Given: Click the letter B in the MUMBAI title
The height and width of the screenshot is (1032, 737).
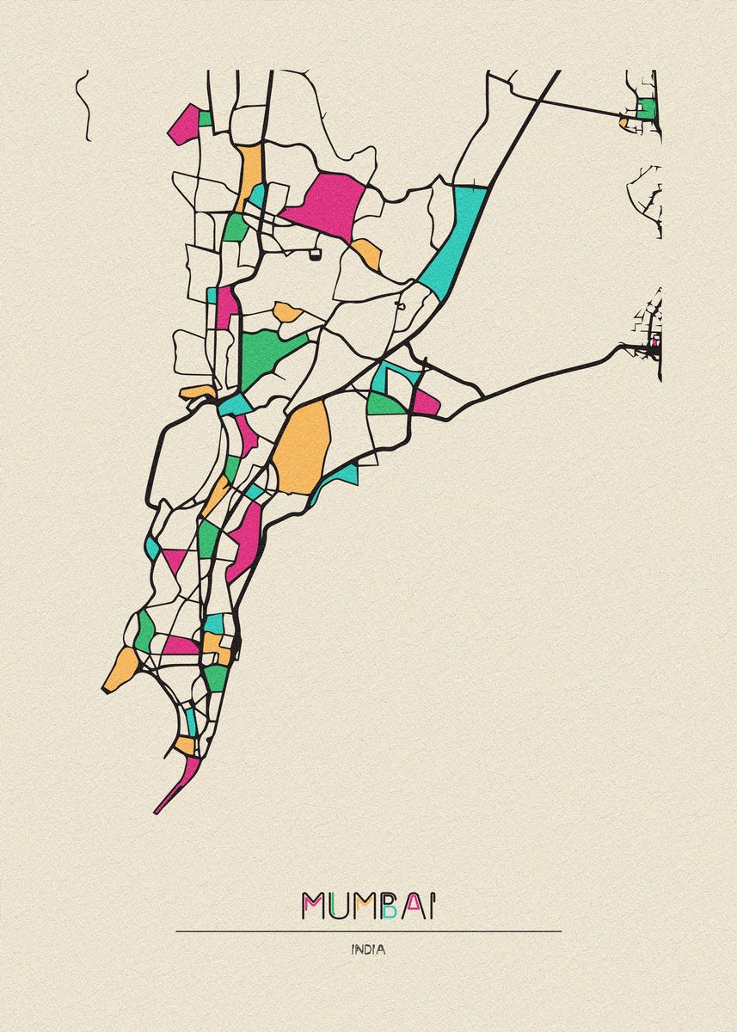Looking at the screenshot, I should [390, 906].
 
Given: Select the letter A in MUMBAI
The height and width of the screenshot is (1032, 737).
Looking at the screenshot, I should [414, 906].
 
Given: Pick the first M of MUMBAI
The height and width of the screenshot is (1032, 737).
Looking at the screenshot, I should [312, 906].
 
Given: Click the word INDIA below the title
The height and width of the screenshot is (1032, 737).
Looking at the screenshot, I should [368, 950].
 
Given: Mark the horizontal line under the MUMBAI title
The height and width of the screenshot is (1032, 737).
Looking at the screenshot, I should [368, 931].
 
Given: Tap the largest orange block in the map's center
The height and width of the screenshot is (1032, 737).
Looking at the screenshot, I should [303, 447].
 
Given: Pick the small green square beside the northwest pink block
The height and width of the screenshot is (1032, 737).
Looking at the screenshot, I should [206, 118].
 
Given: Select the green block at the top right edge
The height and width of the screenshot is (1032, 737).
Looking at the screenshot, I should [647, 109].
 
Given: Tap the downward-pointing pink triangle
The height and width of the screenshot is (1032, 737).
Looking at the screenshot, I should [175, 560].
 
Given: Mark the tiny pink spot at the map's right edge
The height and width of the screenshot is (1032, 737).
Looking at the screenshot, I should [654, 343].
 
